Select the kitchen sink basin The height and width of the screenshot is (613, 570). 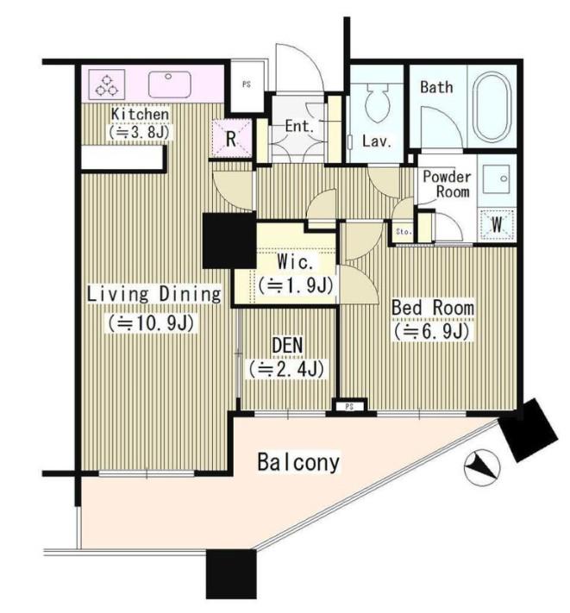(169, 84)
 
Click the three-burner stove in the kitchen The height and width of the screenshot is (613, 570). (107, 84)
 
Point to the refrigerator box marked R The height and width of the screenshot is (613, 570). (231, 139)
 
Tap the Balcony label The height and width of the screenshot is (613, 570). (298, 462)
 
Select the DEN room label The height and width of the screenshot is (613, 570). (287, 345)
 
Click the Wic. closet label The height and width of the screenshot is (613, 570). (295, 262)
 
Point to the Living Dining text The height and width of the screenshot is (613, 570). (154, 294)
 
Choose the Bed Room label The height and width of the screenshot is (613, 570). (433, 308)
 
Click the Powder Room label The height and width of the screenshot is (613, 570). (447, 185)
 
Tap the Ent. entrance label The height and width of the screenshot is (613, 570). (299, 126)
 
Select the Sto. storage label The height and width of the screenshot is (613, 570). (404, 232)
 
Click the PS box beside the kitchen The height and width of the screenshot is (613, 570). (247, 84)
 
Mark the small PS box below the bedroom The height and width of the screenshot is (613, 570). (349, 407)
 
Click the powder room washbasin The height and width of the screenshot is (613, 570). (496, 178)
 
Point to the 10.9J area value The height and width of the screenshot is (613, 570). (151, 323)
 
